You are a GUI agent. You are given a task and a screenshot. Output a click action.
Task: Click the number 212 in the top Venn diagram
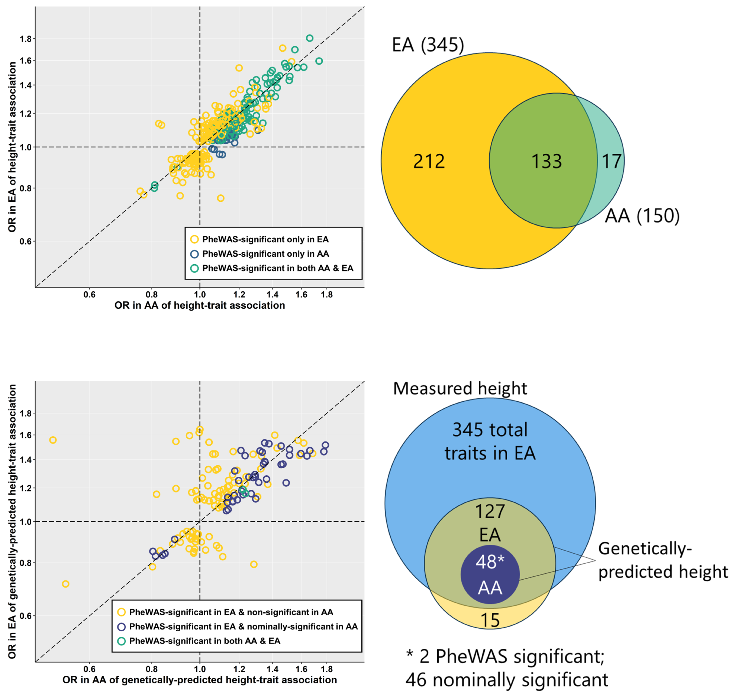point(429,161)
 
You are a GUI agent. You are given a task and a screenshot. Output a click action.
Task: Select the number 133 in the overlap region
point(546,161)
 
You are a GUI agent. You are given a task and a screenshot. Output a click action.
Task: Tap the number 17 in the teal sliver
point(611,161)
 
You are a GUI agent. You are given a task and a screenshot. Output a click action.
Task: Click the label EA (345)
point(428,45)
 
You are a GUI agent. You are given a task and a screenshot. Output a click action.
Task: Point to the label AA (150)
point(642,216)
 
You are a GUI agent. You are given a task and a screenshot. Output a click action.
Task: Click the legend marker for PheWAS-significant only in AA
point(194,254)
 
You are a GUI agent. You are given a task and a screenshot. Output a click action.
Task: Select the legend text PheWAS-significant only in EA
point(265,239)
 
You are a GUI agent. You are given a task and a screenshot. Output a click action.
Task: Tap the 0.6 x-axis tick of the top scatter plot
point(89,295)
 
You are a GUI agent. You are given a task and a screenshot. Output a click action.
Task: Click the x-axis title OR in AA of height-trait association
point(199,305)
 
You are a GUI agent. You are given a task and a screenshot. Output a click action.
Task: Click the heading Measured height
point(460,388)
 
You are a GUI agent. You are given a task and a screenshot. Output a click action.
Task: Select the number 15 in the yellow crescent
point(490,621)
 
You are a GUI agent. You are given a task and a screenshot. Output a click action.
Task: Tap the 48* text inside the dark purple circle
point(490,562)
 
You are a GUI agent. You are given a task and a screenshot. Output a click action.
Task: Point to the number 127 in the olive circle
point(490,512)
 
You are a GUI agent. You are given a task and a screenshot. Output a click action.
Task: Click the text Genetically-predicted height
point(662,560)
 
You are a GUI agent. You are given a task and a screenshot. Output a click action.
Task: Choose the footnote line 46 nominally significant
point(506,680)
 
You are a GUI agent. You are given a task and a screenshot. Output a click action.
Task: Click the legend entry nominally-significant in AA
point(243,626)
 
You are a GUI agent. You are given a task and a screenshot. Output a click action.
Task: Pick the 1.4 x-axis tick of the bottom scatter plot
point(272,669)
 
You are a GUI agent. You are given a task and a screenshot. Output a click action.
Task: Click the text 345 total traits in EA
point(490,441)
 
